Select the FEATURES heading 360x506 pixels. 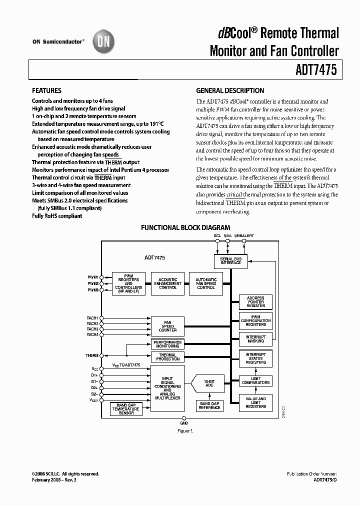(46, 90)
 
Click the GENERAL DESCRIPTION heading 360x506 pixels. (230, 90)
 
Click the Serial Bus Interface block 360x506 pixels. (230, 260)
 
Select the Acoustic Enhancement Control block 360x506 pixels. (167, 283)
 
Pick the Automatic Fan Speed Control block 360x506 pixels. (206, 283)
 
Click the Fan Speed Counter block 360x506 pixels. (167, 326)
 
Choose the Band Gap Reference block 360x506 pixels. (209, 405)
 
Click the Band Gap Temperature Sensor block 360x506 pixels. (126, 409)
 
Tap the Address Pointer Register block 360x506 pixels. (255, 301)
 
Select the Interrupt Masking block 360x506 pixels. (255, 339)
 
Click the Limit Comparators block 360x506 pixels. (255, 380)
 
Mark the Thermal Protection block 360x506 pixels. (167, 357)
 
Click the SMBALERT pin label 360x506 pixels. (244, 235)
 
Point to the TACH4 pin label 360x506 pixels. (92, 334)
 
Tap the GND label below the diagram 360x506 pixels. (184, 422)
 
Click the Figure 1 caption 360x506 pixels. (185, 430)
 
